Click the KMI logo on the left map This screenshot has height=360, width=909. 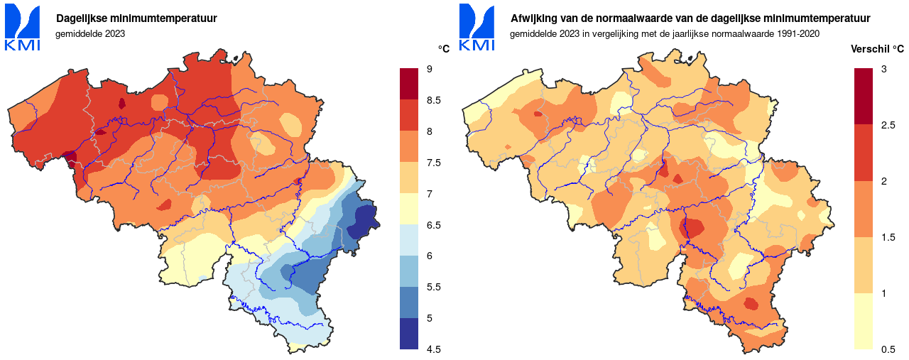click(22, 28)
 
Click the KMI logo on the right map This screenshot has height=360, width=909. click(477, 28)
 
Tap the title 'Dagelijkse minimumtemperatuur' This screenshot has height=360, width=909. click(136, 18)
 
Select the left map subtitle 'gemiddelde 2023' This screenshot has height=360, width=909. click(90, 33)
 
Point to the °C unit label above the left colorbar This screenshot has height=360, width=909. click(444, 49)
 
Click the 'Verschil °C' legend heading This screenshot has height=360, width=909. click(877, 49)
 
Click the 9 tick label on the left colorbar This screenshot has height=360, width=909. click(430, 69)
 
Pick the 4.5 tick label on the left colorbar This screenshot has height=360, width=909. click(433, 349)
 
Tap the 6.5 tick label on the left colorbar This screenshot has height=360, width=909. click(433, 225)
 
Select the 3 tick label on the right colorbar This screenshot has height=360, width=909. click(883, 69)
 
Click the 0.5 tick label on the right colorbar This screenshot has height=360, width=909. click(888, 349)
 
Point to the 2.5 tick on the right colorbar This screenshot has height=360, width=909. click(888, 125)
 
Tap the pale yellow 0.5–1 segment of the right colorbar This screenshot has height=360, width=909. click(863, 321)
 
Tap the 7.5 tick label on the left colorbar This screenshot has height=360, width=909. click(433, 163)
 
